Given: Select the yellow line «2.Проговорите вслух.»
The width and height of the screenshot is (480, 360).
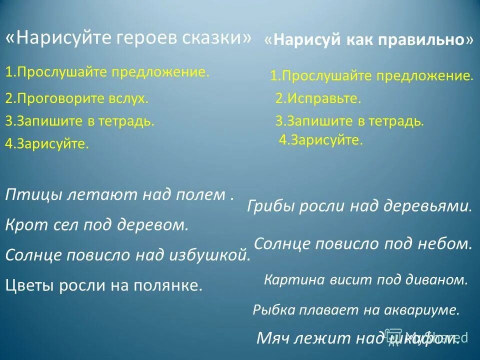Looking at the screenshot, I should tap(77, 98).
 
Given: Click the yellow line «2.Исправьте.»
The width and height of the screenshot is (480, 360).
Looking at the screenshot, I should tap(318, 98).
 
